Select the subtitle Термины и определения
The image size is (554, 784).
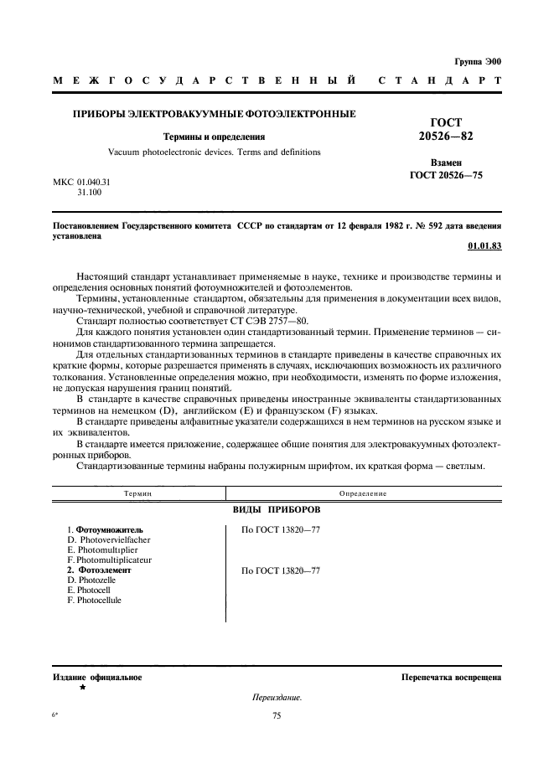(215, 136)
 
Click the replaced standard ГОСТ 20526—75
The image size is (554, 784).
(446, 175)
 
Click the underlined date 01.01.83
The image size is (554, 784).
(484, 246)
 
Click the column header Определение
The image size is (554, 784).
(364, 493)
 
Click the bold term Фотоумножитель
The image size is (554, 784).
(110, 529)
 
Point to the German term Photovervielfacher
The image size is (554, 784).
(111, 539)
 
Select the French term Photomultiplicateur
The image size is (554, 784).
(109, 560)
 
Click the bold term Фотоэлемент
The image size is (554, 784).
(104, 570)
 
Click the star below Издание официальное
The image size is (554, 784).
(82, 687)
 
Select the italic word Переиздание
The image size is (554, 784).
(277, 698)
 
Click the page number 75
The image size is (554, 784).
(277, 715)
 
